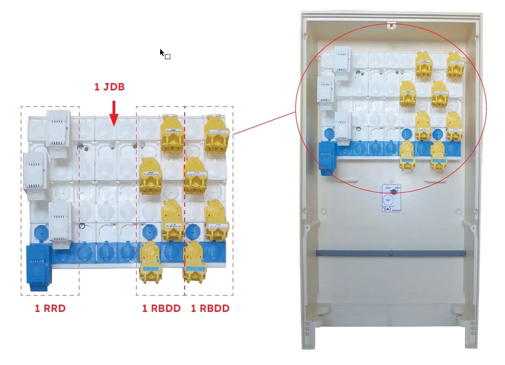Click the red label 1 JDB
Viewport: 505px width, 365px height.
point(109,87)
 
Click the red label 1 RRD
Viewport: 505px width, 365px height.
point(50,309)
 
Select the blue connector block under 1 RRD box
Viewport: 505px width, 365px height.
point(39,266)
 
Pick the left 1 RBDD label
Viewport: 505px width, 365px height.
point(162,309)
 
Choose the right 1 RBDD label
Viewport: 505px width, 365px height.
point(210,309)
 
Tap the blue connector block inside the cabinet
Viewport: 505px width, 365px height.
point(327,157)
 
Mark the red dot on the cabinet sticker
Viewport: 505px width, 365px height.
point(393,192)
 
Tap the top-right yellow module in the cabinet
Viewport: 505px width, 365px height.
point(456,64)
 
